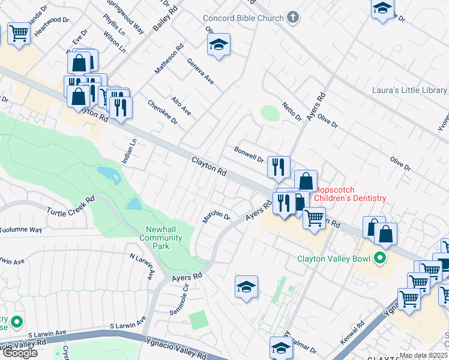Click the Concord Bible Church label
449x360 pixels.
click(243, 18)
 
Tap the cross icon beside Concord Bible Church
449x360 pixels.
click(292, 17)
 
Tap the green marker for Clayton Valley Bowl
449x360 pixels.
click(379, 259)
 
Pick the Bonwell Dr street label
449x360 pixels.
click(249, 154)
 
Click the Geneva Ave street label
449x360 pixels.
click(200, 71)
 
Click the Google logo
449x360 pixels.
click(19, 353)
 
